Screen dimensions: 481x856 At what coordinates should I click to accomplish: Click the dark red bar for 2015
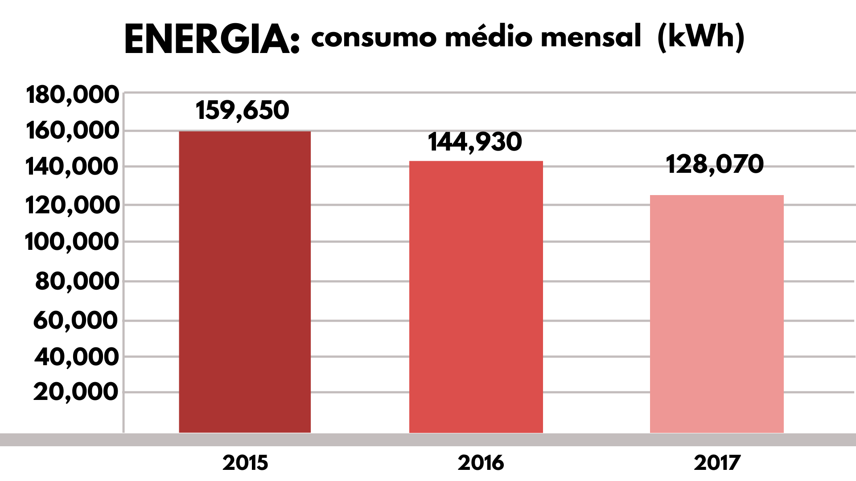245,281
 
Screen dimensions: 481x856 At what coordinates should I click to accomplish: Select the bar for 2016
476,297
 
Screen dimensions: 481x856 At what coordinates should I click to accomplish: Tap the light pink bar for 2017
716,314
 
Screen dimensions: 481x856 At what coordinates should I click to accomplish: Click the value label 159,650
243,110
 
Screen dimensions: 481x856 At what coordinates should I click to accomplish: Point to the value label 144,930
475,142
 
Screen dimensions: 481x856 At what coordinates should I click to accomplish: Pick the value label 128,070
715,164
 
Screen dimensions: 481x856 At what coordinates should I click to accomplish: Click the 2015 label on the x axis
245,463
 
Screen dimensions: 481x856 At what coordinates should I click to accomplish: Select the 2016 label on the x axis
481,463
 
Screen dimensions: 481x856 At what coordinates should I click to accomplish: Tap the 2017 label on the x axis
717,463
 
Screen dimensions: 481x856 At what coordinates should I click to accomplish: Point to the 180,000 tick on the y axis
73,95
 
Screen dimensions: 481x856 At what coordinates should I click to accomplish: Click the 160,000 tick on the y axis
73,131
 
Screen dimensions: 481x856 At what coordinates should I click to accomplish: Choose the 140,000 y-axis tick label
73,167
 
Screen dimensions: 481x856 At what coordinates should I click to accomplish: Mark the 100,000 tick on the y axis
72,243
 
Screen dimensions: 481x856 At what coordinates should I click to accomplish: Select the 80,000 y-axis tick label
77,281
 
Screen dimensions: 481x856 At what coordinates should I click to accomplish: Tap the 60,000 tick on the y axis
76,320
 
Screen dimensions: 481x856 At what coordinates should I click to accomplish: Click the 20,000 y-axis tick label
76,392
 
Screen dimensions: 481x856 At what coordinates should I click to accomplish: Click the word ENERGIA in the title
212,40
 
